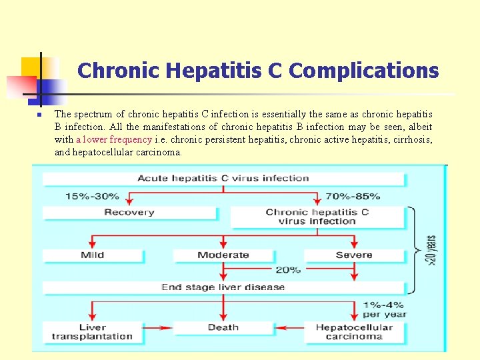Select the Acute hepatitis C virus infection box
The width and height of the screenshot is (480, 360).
pyautogui.click(x=223, y=179)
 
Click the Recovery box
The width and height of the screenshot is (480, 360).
pyautogui.click(x=129, y=213)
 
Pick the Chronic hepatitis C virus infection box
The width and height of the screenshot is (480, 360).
pyautogui.click(x=317, y=217)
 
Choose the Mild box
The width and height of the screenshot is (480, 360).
pyautogui.click(x=93, y=255)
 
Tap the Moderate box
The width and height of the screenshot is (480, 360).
pyautogui.click(x=223, y=255)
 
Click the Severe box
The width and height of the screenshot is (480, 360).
pyautogui.click(x=354, y=255)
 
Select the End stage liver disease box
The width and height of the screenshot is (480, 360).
pyautogui.click(x=223, y=287)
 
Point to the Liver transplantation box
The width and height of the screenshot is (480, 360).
pyautogui.click(x=93, y=331)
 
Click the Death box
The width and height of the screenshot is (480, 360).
pyautogui.click(x=223, y=327)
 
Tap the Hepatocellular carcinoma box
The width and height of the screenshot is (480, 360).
pyautogui.click(x=354, y=331)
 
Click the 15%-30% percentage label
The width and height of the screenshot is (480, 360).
pyautogui.click(x=92, y=196)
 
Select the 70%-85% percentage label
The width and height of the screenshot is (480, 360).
pyautogui.click(x=353, y=196)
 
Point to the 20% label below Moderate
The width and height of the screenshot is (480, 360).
pyautogui.click(x=287, y=270)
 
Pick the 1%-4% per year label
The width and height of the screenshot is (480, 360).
pyautogui.click(x=385, y=309)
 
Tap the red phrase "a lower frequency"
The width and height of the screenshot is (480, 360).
pyautogui.click(x=114, y=139)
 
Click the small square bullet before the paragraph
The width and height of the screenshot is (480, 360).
pyautogui.click(x=39, y=115)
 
